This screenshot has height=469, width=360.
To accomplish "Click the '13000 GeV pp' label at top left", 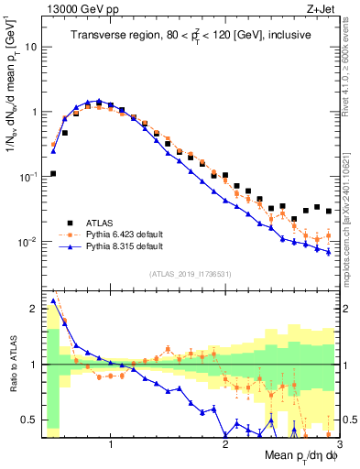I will [81, 10].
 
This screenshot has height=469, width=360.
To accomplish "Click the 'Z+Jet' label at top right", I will [322, 10].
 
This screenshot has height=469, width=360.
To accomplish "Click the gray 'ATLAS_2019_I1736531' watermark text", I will [191, 275].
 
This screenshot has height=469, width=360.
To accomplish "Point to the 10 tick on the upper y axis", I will [34, 46].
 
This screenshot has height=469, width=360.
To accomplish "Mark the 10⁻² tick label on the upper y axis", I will [30, 243].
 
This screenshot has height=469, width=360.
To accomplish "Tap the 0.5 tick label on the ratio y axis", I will [31, 420].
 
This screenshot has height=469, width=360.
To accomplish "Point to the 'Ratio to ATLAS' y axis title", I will [11, 365].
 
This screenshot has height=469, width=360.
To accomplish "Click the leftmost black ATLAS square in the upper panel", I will [52, 173].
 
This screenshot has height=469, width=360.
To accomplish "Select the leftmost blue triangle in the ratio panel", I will [52, 300].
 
